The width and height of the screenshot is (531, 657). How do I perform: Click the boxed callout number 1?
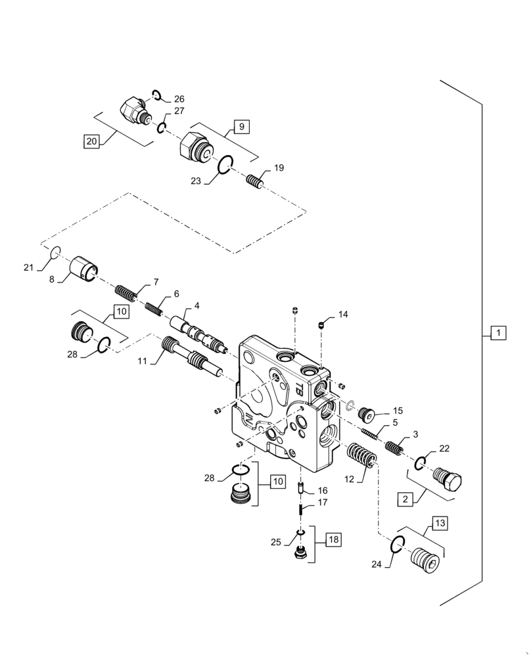click(x=497, y=333)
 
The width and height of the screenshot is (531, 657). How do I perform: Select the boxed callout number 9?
click(x=241, y=126)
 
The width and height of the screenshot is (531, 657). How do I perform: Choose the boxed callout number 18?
click(x=333, y=540)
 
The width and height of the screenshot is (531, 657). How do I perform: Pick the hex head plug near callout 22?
click(x=449, y=482)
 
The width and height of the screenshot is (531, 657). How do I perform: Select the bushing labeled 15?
click(x=365, y=415)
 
